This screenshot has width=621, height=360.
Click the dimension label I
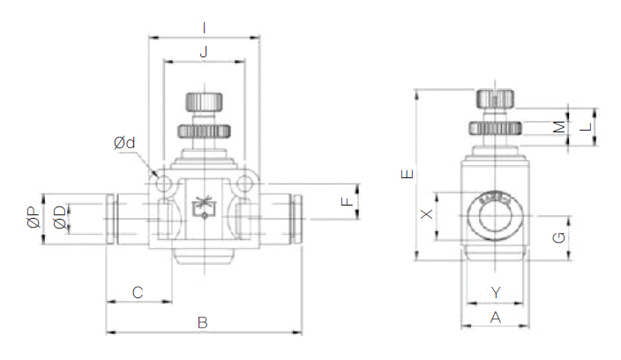(x=205, y=26)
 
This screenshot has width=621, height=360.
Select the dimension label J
(x=204, y=53)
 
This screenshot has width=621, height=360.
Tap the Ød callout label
(x=124, y=141)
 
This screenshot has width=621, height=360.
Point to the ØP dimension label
(x=32, y=217)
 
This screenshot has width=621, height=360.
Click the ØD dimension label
(x=59, y=217)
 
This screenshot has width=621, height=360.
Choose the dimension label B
(x=202, y=323)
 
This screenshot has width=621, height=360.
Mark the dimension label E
(x=405, y=175)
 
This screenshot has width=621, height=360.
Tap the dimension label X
(x=426, y=214)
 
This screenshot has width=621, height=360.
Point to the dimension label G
(x=557, y=236)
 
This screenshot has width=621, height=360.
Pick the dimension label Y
(x=495, y=291)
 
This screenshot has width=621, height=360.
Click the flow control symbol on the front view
(x=204, y=206)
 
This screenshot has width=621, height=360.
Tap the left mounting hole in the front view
(x=165, y=183)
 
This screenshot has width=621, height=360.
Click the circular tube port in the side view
(x=495, y=214)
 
